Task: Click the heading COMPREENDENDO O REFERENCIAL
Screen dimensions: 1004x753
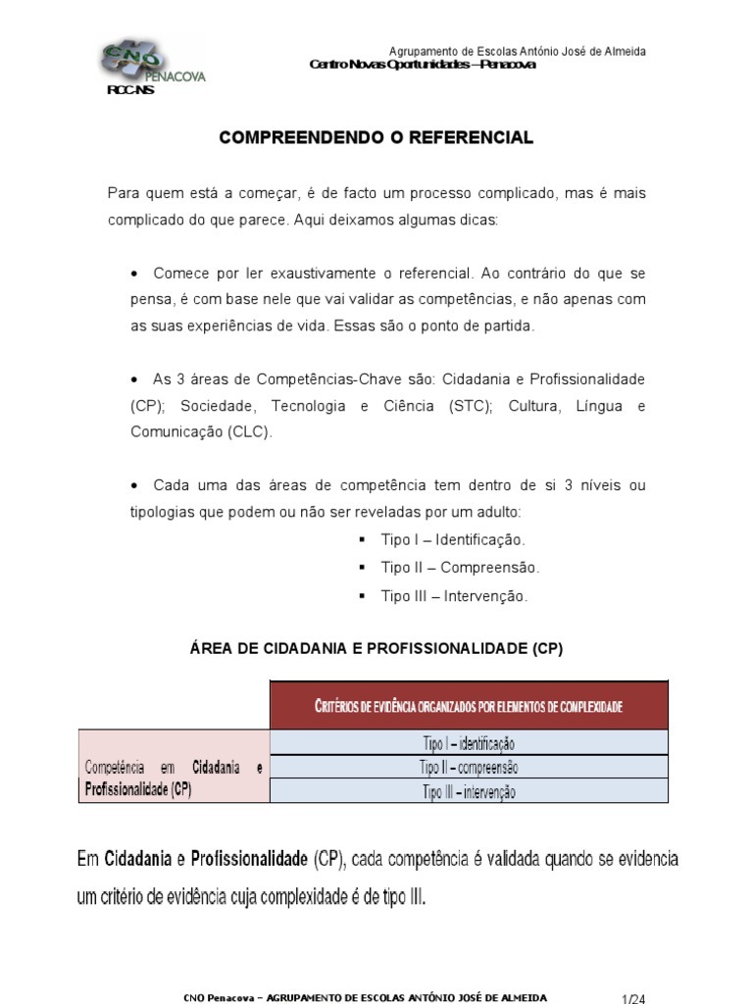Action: click(x=376, y=138)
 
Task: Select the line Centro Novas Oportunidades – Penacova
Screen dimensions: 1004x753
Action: click(x=422, y=65)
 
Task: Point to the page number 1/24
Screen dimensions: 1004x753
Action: click(x=633, y=998)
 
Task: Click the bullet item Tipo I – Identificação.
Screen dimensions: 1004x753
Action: click(x=453, y=540)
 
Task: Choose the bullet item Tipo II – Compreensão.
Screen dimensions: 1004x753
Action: click(x=460, y=568)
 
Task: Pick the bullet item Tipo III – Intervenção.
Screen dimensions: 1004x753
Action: click(x=454, y=596)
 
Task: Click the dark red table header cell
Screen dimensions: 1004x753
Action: click(x=469, y=705)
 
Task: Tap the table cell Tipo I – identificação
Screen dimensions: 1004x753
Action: click(x=469, y=743)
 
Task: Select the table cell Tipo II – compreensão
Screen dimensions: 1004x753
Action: click(x=469, y=767)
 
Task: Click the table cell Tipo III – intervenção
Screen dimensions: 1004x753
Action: click(x=469, y=791)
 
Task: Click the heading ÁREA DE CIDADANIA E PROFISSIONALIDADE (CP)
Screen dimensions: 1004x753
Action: click(x=376, y=649)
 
